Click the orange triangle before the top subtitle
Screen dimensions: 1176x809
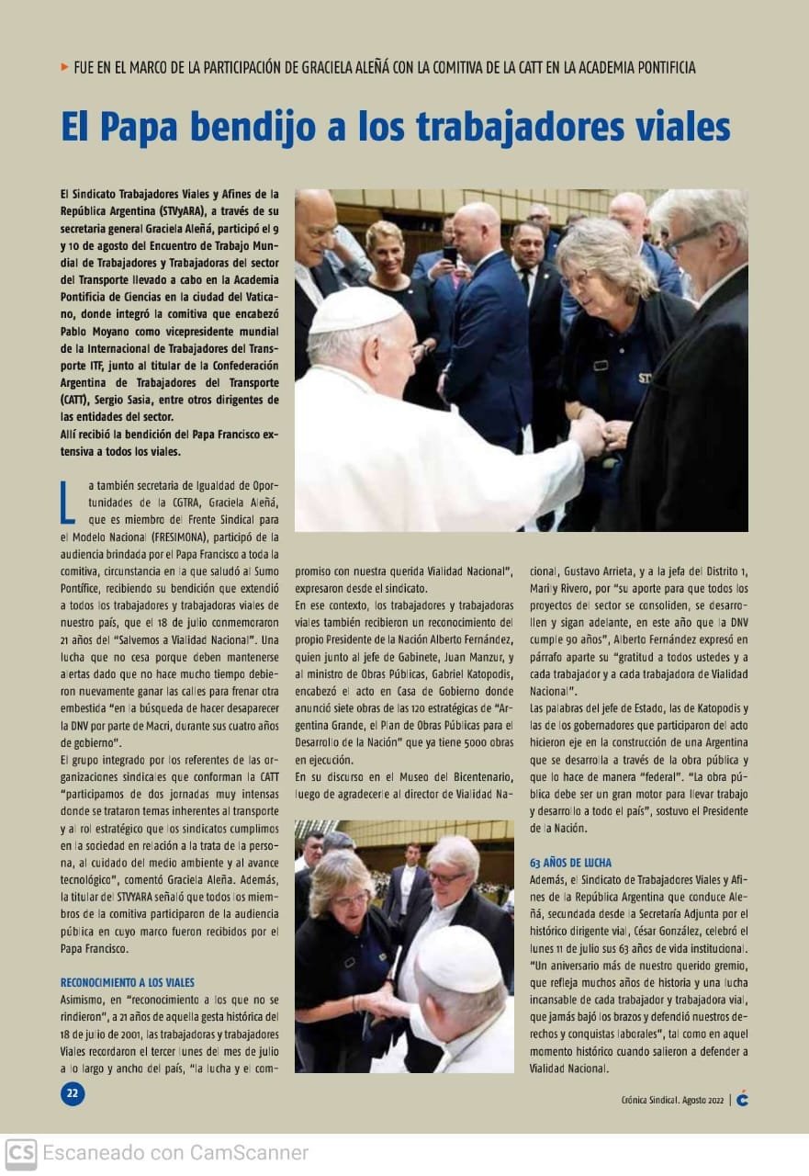(64, 67)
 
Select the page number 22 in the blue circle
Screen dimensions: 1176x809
(73, 1093)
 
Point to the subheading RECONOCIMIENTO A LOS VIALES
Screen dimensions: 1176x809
(128, 982)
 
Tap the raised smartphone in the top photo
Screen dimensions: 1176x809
(450, 254)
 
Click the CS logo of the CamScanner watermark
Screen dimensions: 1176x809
(21, 1153)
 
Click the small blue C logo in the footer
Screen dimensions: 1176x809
(742, 1100)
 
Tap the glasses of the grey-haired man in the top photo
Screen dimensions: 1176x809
(691, 238)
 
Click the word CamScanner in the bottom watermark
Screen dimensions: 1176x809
(249, 1153)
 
